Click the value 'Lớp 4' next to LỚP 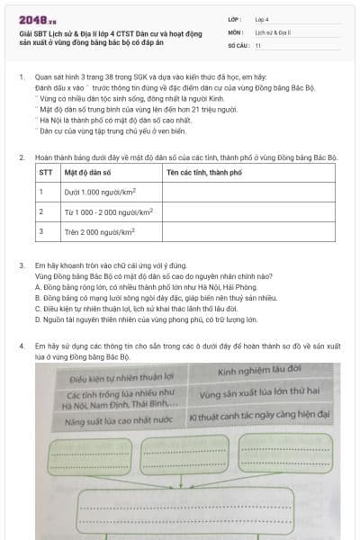pos(262,18)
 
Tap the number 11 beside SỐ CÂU pos(258,45)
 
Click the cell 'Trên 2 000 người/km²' pos(100,231)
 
